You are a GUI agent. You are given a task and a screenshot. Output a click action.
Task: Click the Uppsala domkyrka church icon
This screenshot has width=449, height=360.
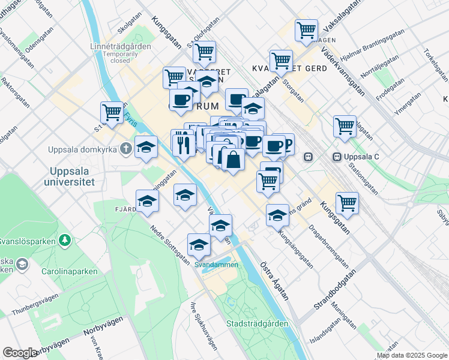(x=125, y=148)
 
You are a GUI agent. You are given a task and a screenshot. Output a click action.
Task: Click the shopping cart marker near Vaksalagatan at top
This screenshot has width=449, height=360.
(x=306, y=30)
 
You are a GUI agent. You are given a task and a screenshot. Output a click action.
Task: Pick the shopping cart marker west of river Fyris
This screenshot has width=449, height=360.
(x=112, y=112)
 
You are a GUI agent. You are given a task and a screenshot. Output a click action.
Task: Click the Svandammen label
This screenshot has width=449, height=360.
(x=215, y=265)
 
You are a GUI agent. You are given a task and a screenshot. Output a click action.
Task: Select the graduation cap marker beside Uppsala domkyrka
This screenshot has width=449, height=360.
(x=146, y=148)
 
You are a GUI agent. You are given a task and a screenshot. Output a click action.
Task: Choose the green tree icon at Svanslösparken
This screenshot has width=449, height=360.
(x=64, y=241)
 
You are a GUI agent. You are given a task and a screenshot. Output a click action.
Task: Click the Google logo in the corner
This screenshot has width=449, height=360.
(x=20, y=352)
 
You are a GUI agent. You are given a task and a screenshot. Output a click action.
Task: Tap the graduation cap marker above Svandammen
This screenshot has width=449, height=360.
(x=199, y=244)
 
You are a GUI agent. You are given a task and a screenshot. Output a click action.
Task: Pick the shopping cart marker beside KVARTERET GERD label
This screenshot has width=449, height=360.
(x=280, y=61)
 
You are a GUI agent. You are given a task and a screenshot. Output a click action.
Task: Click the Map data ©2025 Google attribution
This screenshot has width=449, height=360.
(x=411, y=355)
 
